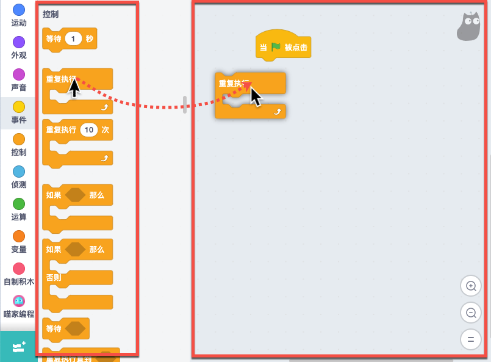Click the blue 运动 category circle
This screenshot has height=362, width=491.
[x=19, y=9]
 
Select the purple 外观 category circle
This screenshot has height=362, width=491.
[x=19, y=42]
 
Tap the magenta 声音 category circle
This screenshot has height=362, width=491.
[x=19, y=74]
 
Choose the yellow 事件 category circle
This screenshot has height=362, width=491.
[x=19, y=107]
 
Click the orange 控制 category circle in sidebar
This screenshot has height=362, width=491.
[x=19, y=139]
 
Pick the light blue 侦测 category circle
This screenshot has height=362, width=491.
[x=19, y=172]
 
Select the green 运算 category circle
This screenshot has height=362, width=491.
[x=19, y=204]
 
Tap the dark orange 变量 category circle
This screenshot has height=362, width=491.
[x=19, y=236]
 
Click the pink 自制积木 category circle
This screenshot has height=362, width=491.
[x=19, y=269]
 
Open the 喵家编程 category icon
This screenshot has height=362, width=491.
[x=19, y=301]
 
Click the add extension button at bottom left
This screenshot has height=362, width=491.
[x=18, y=347]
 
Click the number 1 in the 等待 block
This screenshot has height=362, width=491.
[x=73, y=39]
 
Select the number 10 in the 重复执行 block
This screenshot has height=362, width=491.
[x=89, y=130]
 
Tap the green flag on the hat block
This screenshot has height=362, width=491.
[x=276, y=47]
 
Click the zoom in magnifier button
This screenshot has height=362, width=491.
[x=471, y=286]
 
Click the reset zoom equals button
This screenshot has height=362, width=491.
[x=471, y=339]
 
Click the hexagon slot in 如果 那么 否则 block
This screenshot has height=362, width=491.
[x=76, y=249]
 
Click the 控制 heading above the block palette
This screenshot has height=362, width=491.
[x=51, y=13]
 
